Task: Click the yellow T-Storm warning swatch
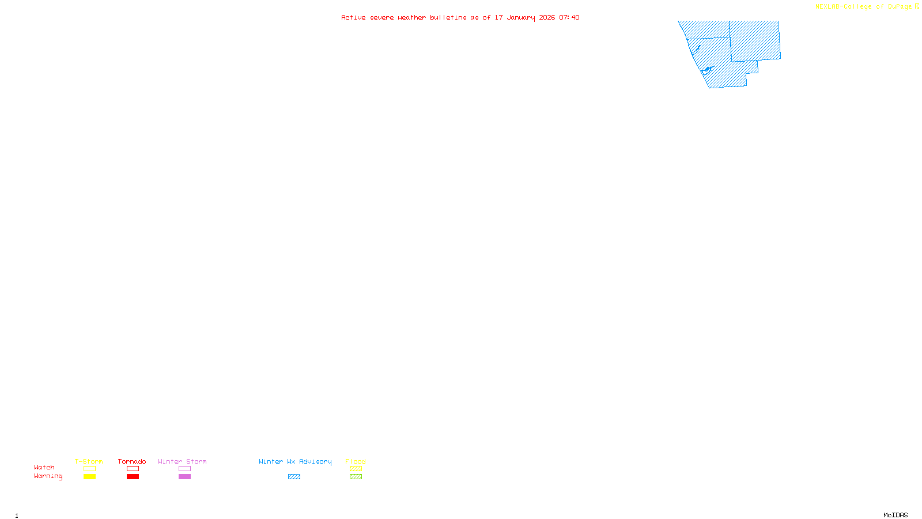(89, 477)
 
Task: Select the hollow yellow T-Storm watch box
(89, 469)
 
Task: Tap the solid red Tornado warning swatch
(133, 477)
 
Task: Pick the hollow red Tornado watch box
(133, 469)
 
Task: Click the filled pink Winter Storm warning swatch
(184, 477)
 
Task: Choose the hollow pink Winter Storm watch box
(184, 469)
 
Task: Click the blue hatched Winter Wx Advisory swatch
(294, 477)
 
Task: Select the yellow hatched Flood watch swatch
(356, 469)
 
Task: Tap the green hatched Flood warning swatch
(356, 477)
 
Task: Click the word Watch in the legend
(44, 468)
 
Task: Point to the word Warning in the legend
(48, 476)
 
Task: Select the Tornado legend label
(132, 461)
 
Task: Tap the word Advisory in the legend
(315, 461)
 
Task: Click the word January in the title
(520, 18)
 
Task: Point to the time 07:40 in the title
(569, 18)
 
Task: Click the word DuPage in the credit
(900, 7)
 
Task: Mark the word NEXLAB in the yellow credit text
(827, 7)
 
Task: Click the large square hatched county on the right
(755, 40)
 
